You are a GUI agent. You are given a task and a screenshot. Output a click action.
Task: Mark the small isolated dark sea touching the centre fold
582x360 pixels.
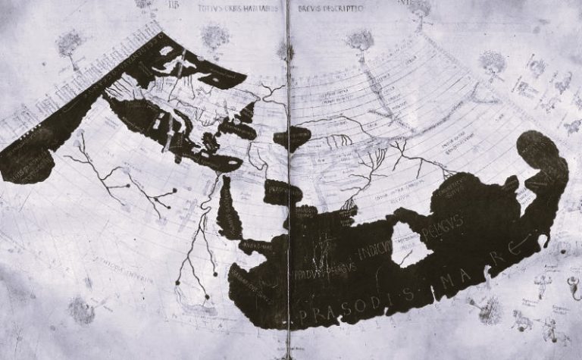293,138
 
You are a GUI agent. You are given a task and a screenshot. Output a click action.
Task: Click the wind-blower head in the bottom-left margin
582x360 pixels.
80,309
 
